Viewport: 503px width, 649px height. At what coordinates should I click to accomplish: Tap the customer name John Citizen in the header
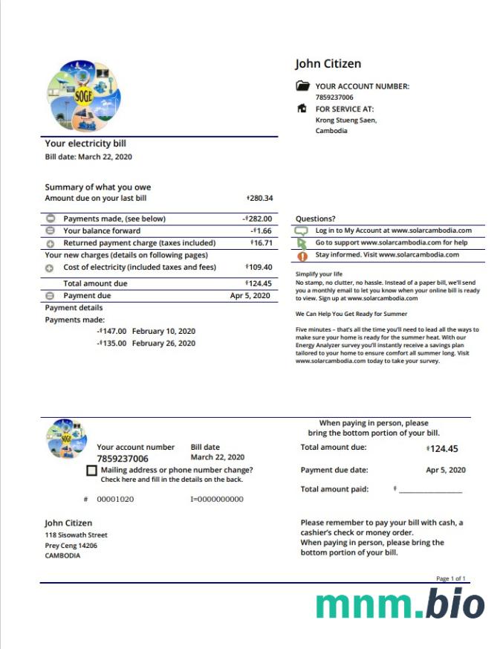point(328,65)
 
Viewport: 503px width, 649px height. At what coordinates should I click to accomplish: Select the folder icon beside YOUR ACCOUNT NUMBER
point(302,86)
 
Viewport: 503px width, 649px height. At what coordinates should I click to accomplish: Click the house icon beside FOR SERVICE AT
point(302,109)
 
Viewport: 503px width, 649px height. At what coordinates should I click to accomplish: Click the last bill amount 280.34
point(260,198)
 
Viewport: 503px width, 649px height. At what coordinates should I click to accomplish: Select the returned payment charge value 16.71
point(262,243)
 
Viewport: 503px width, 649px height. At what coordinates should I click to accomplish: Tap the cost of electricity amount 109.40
point(259,267)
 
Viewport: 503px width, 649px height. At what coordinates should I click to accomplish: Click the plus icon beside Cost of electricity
point(51,268)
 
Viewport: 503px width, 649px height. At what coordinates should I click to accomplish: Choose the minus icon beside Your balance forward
point(51,231)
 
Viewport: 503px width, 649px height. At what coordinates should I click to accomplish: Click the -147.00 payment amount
point(112,331)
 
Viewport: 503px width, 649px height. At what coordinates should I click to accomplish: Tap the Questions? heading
point(315,219)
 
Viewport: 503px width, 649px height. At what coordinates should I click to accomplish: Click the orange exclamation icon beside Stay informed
point(302,256)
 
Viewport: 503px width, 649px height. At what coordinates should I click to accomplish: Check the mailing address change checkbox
point(91,471)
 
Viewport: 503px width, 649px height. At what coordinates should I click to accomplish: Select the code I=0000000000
point(216,499)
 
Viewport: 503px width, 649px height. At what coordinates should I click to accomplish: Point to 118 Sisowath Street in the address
point(76,535)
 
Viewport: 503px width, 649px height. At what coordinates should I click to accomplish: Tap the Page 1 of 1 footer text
point(451,578)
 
